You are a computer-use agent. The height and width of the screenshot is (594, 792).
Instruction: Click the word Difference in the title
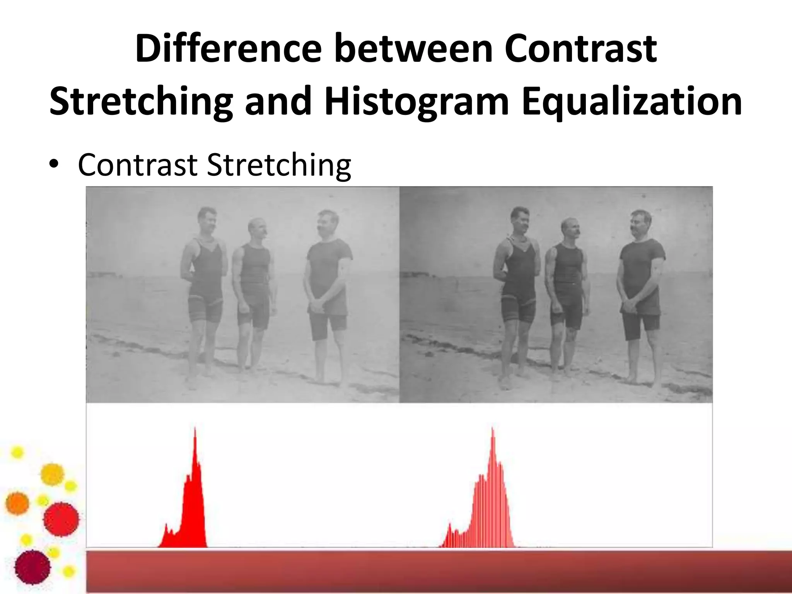[228, 49]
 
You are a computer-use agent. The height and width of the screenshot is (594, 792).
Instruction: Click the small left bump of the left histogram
[166, 526]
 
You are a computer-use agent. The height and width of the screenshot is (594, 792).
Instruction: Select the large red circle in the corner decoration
[61, 519]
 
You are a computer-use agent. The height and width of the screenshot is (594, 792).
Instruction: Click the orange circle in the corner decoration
[17, 503]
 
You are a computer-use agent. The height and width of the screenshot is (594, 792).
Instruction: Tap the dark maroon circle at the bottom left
[33, 567]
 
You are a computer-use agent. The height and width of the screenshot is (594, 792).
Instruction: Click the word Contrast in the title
[580, 49]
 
